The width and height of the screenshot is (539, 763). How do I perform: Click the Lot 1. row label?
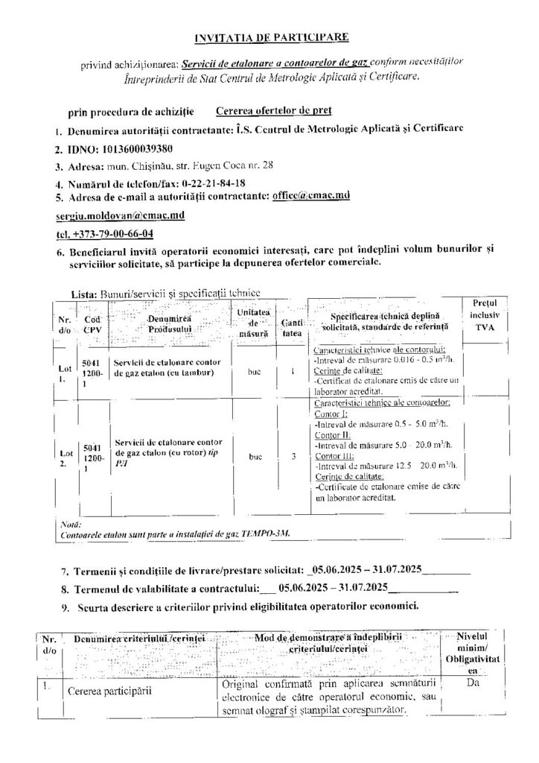click(66, 372)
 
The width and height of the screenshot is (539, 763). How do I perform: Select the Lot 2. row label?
click(66, 458)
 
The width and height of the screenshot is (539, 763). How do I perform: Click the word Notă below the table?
click(67, 524)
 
